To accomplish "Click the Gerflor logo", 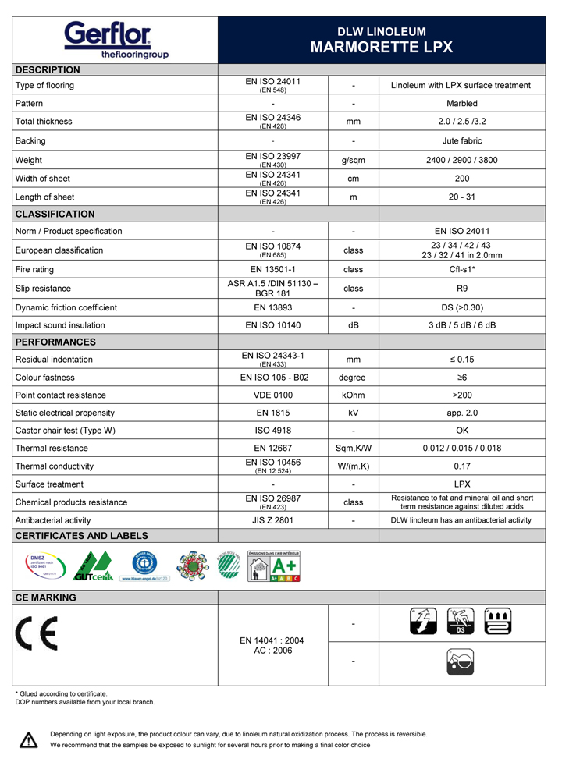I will click(115, 40).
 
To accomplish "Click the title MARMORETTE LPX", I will click(382, 47).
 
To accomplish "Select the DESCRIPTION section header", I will click(48, 70).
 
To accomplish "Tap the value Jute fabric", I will click(462, 141).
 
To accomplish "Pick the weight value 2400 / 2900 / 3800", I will click(462, 160).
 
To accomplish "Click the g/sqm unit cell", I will click(354, 160).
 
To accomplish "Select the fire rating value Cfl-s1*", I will click(462, 269).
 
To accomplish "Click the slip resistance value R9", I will click(462, 288).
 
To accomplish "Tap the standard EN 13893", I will click(272, 307).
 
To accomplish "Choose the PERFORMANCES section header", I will click(55, 342).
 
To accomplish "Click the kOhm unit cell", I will click(354, 395).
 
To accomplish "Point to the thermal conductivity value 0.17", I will click(462, 466).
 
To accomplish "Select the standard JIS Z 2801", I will click(272, 520).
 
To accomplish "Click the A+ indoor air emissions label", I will click(274, 566).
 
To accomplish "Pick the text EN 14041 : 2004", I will click(272, 640).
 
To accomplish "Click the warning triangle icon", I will click(29, 739).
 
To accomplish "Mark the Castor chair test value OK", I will click(462, 431).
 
